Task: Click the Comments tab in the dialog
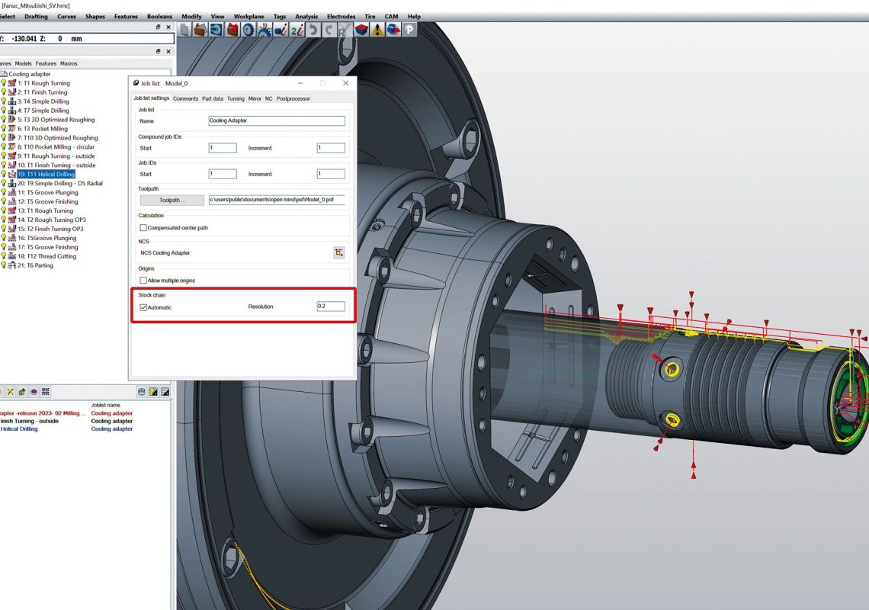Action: [x=185, y=98]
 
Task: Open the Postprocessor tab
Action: [x=293, y=98]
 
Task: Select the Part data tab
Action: [x=213, y=98]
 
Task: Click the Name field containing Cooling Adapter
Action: [x=277, y=120]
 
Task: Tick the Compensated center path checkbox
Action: [x=143, y=227]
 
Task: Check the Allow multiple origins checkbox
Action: [x=143, y=281]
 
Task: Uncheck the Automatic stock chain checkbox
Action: [x=143, y=307]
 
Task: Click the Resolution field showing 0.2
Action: [x=331, y=307]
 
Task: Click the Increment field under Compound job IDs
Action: [x=331, y=148]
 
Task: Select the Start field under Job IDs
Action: [x=223, y=174]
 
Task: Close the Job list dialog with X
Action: [x=346, y=83]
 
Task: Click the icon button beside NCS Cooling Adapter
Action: [x=339, y=252]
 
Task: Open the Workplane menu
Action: [x=249, y=16]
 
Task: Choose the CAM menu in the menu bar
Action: [x=391, y=16]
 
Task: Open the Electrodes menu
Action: [x=341, y=16]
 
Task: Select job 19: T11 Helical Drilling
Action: [x=46, y=175]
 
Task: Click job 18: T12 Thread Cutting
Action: [x=46, y=256]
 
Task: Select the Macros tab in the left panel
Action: [x=69, y=63]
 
